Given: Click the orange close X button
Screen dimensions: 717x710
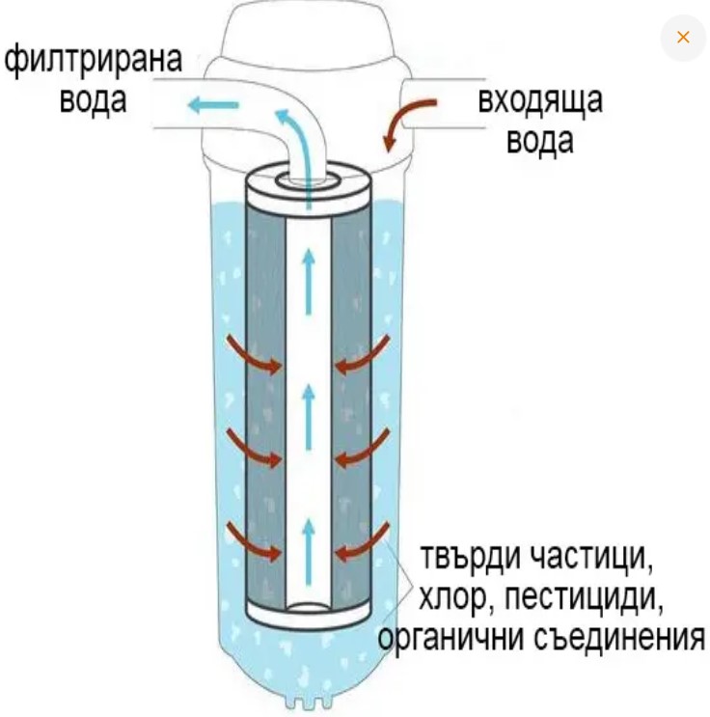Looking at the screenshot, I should coord(683,38).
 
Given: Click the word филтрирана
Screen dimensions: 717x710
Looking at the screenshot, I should coord(94,60).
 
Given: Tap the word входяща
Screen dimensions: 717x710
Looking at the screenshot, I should coord(540,100).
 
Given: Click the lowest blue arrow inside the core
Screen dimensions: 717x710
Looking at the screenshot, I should coord(309,540).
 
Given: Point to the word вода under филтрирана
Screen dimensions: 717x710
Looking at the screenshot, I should coord(94,100).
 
